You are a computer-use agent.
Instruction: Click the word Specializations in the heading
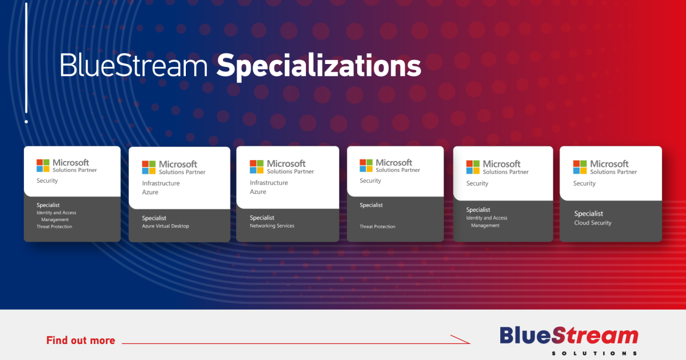(319, 66)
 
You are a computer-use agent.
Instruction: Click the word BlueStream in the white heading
(134, 65)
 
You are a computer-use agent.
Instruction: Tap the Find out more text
(81, 341)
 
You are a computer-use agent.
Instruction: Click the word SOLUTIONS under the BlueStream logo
(594, 354)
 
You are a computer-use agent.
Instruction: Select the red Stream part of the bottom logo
(595, 336)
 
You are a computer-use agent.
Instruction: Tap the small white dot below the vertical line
(26, 122)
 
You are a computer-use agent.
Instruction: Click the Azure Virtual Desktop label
(165, 226)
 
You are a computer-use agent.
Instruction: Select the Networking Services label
(272, 226)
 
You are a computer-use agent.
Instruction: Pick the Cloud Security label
(593, 223)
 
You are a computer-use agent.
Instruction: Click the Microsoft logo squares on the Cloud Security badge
(580, 167)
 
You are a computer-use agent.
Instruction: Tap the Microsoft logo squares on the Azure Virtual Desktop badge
(149, 167)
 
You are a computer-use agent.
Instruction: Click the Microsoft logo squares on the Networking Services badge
(256, 167)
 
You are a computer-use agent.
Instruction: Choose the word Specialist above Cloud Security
(588, 214)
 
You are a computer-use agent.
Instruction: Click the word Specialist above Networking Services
(262, 218)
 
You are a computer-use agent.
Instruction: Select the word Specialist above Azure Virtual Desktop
(154, 218)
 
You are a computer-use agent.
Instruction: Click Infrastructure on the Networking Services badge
(269, 183)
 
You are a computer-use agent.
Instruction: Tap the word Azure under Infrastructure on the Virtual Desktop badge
(150, 192)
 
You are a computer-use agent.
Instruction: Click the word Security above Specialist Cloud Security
(584, 183)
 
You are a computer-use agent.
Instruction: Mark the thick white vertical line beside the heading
(26, 58)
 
